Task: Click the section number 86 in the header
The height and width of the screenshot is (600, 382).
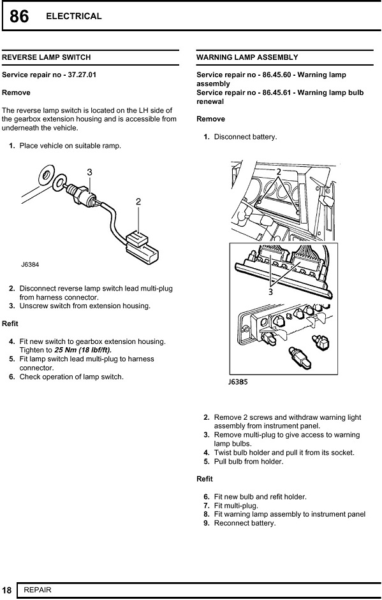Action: click(x=18, y=17)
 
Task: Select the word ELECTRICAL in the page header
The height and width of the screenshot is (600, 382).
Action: click(x=73, y=16)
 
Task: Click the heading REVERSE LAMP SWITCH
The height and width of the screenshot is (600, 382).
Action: click(x=47, y=57)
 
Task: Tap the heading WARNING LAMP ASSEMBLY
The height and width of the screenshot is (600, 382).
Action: click(x=247, y=57)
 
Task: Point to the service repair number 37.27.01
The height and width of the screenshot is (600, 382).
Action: click(x=82, y=75)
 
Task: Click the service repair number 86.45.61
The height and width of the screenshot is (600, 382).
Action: click(x=277, y=92)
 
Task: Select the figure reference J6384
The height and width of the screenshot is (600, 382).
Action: click(x=30, y=264)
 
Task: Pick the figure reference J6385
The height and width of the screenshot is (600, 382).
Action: click(x=238, y=382)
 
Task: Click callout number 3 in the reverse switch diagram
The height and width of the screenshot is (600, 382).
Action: click(x=89, y=172)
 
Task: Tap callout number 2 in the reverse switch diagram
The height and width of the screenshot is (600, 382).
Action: click(x=138, y=202)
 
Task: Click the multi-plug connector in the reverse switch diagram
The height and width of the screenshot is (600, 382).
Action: click(x=142, y=246)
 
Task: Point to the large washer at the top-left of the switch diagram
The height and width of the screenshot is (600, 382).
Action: click(x=46, y=175)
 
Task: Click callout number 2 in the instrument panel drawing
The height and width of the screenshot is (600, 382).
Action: click(x=279, y=172)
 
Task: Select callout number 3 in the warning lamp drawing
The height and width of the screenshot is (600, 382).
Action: click(x=270, y=292)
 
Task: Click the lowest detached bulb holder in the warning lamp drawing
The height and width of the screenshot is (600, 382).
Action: click(x=300, y=358)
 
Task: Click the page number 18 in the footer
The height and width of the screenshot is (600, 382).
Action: click(x=7, y=590)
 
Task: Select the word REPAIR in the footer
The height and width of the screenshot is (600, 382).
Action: click(x=38, y=590)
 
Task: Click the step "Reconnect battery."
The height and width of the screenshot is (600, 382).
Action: click(x=245, y=523)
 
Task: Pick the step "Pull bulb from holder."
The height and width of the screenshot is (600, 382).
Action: click(x=249, y=462)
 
